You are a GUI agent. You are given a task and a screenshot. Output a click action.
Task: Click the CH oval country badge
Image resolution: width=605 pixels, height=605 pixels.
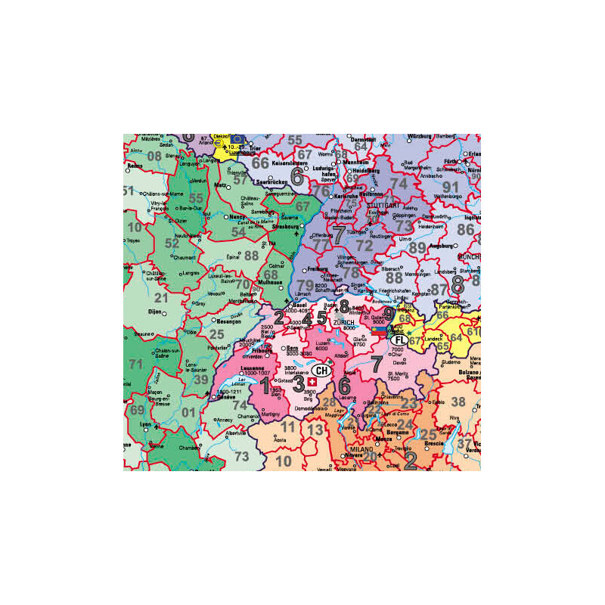click(x=322, y=371)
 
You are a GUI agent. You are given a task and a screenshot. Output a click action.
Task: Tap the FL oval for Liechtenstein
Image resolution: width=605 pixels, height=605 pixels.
click(x=399, y=341)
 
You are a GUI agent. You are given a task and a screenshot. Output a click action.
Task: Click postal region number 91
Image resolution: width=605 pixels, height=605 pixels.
click(x=451, y=187)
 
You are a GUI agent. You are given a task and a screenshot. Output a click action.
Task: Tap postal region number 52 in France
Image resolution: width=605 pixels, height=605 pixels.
click(x=172, y=244)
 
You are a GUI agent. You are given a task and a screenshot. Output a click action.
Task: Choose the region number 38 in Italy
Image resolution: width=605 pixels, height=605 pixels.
click(x=458, y=402)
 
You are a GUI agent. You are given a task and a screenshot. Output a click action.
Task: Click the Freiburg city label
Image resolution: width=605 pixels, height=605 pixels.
click(x=317, y=268)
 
